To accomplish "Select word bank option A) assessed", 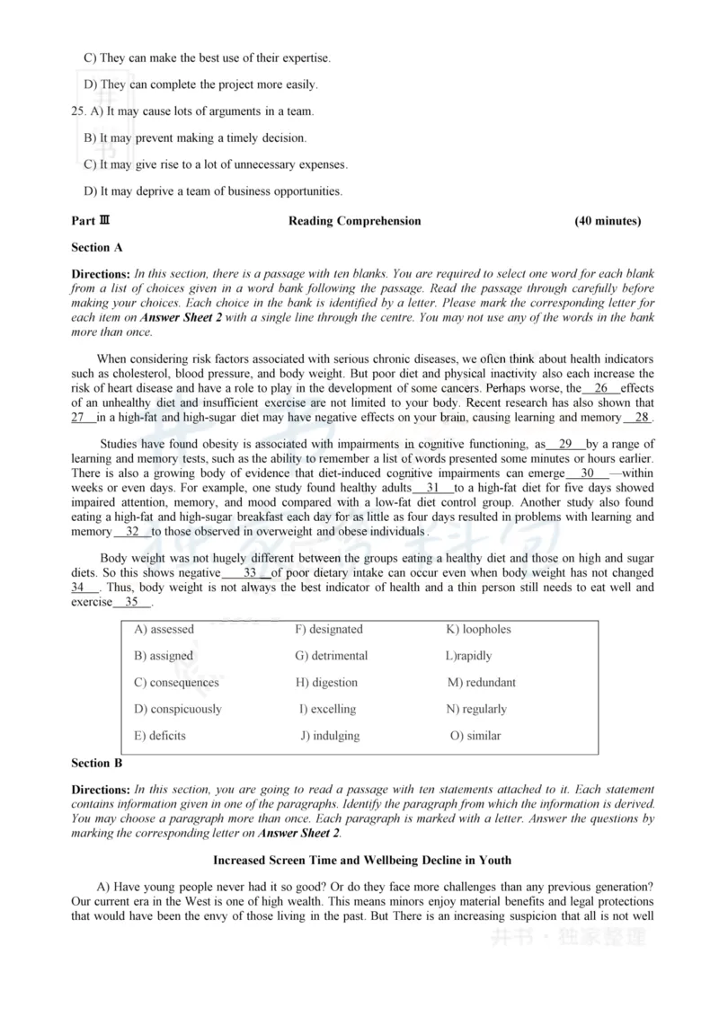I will tap(164, 629).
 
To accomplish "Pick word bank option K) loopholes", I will tap(478, 629).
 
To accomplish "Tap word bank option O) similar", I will tap(475, 736).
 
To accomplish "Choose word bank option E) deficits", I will tap(160, 736).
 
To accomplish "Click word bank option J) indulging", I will tap(330, 736).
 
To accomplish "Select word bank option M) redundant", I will tap(482, 682).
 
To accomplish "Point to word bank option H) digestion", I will tap(327, 682).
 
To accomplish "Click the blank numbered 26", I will tap(601, 388).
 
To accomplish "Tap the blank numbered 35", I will tap(131, 602).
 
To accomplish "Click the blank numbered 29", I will tap(565, 444).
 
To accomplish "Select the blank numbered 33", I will tap(250, 572).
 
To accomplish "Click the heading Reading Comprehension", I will tap(354, 221).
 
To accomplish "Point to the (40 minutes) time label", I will tap(608, 221).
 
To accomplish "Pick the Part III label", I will tap(91, 221).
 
